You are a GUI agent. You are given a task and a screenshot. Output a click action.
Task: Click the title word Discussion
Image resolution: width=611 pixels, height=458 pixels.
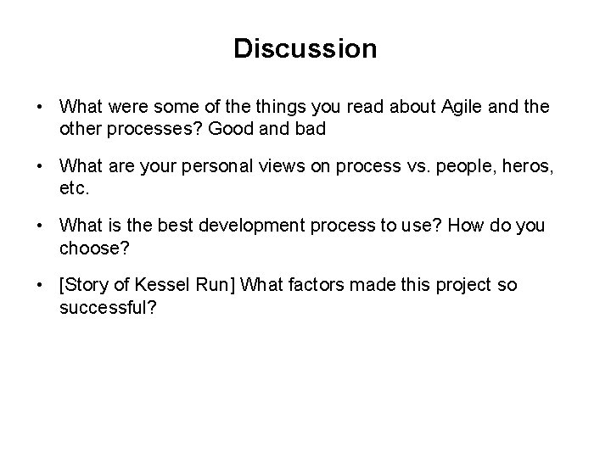coord(305,48)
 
